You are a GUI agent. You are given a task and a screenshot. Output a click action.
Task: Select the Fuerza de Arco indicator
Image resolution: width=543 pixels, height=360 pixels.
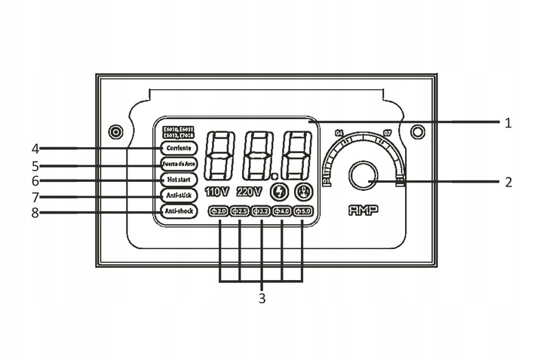179,164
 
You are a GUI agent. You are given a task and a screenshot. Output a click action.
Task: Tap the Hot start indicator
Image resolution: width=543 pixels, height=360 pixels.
179,180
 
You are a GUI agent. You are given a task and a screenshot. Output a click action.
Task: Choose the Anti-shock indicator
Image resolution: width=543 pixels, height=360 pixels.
179,211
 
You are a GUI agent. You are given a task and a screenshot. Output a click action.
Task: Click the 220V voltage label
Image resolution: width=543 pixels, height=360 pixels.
249,191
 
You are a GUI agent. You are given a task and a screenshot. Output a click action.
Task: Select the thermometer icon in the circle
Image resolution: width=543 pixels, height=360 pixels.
302,191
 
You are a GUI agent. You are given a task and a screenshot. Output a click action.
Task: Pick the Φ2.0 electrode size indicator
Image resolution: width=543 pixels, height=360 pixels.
219,211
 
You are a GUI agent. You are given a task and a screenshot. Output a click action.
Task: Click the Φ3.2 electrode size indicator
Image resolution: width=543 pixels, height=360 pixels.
261,211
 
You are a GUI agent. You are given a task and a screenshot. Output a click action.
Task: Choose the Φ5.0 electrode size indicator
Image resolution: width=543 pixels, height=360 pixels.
302,211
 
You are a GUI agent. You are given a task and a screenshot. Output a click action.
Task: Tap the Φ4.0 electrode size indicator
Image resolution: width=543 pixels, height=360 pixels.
282,211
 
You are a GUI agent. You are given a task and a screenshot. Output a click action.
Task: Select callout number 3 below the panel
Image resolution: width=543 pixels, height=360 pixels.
262,298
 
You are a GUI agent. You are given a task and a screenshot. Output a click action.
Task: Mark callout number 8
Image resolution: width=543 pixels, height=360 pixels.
35,212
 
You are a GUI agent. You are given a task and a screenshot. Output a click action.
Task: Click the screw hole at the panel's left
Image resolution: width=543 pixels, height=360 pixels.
115,132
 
